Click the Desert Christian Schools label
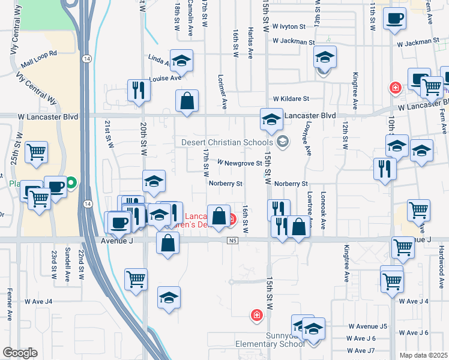pos(228,142)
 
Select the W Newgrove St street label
pos(240,163)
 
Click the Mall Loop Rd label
pos(38,58)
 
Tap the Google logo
pos(20,353)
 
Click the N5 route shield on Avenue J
pos(233,241)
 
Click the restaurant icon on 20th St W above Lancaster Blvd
pos(138,90)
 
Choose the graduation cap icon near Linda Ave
pos(181,60)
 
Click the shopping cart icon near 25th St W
pos(37,151)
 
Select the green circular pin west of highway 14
pos(72,182)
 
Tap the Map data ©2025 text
pos(423,355)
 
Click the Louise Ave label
pos(165,79)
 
